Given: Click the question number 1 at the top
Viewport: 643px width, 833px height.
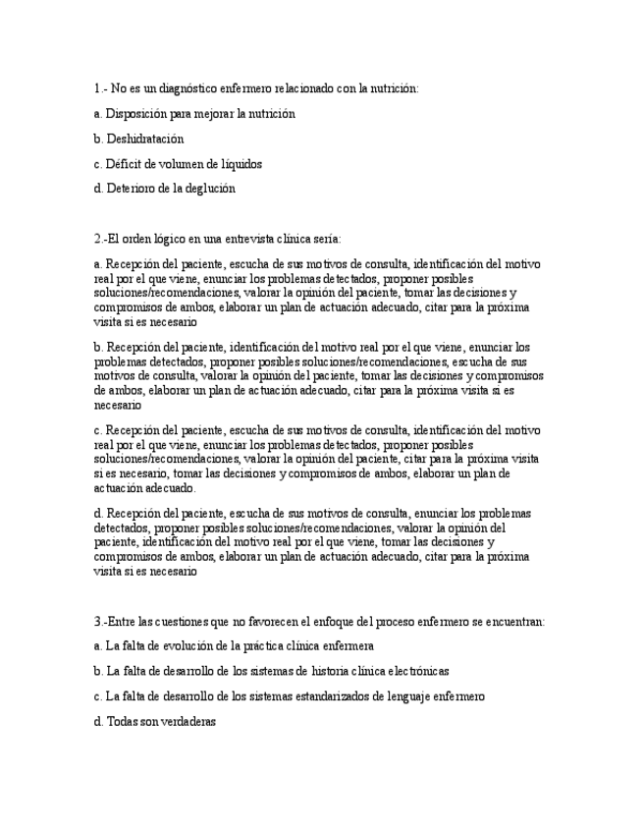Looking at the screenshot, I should click(x=97, y=88).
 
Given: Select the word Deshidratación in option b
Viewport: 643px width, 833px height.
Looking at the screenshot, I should click(x=144, y=139).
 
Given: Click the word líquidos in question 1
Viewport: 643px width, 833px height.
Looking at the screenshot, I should click(x=240, y=164).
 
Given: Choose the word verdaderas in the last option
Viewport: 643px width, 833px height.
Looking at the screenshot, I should click(x=186, y=721).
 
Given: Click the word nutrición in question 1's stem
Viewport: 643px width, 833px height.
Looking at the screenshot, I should click(x=393, y=88).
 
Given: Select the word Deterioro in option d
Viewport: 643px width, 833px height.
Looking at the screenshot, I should click(x=130, y=189).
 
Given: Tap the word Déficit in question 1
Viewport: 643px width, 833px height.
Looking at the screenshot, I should click(x=125, y=164).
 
